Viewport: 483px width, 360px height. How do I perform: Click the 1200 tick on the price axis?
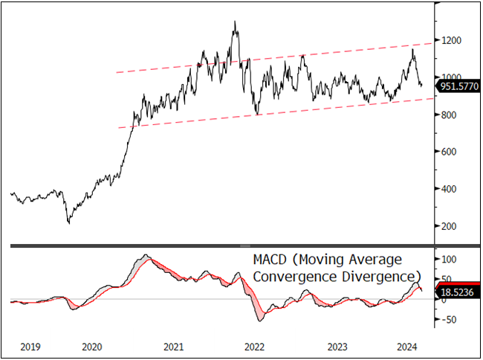pyautogui.click(x=450, y=40)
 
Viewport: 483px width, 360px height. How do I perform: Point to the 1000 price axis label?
pyautogui.click(x=450, y=77)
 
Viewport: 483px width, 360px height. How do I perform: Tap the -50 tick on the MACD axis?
pyautogui.click(x=448, y=320)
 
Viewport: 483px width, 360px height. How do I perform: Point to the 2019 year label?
pyautogui.click(x=30, y=347)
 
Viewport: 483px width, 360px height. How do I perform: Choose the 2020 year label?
pyautogui.click(x=91, y=347)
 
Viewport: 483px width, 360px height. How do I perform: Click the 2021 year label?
pyautogui.click(x=173, y=347)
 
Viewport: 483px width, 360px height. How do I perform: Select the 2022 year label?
pyautogui.click(x=254, y=347)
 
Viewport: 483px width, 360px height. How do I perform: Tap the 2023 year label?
pyautogui.click(x=337, y=347)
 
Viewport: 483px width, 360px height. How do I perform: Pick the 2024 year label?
pyautogui.click(x=406, y=347)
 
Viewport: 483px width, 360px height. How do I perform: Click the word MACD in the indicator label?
pyautogui.click(x=268, y=260)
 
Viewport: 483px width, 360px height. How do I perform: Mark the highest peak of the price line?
pyautogui.click(x=235, y=22)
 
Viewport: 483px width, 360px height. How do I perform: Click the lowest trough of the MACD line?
pyautogui.click(x=260, y=321)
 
